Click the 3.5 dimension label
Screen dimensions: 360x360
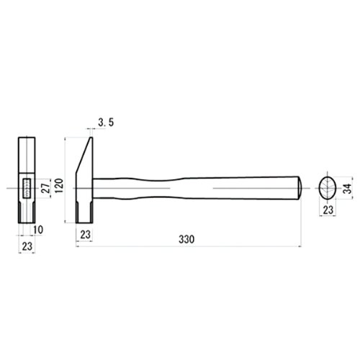point(106,122)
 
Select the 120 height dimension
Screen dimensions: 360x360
point(59,185)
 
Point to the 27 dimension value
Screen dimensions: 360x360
point(47,188)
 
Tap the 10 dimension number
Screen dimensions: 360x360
point(38,230)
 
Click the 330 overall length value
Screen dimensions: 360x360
point(186,239)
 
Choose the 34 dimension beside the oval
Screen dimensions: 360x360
point(347,189)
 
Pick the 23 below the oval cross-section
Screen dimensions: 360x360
point(328,210)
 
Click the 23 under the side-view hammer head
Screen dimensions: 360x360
point(85,235)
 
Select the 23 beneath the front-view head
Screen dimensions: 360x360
point(27,246)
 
